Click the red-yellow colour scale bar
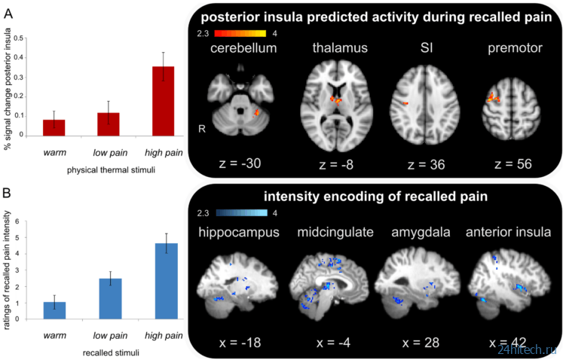pyautogui.click(x=240, y=33)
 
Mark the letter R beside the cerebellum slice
pyautogui.click(x=202, y=129)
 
